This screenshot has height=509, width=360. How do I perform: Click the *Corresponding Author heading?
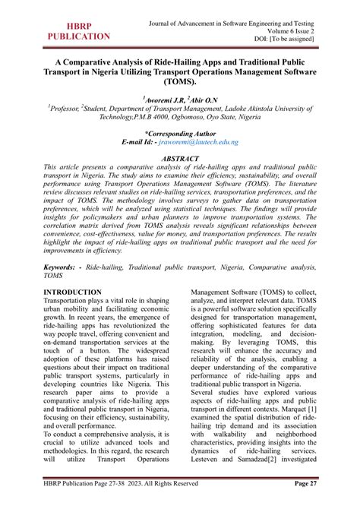point(179,132)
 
